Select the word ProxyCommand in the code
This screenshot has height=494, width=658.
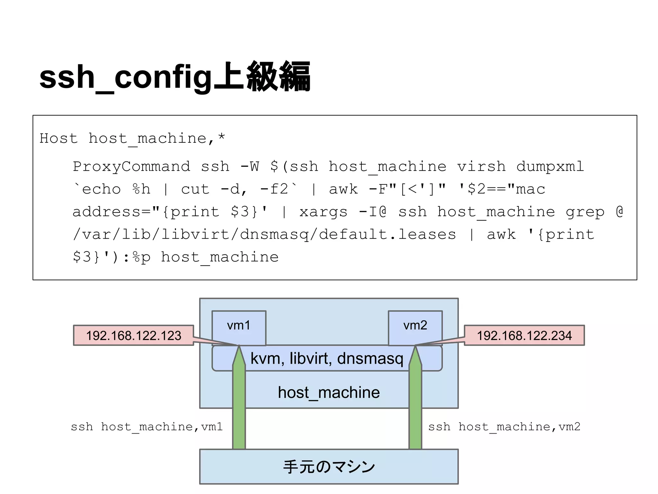(x=131, y=167)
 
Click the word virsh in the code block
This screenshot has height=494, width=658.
(x=481, y=167)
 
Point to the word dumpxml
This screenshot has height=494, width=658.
(x=550, y=167)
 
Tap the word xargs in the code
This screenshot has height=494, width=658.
(x=323, y=212)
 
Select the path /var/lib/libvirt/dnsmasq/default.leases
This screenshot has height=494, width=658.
(x=264, y=234)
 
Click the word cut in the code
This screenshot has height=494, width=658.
(x=195, y=189)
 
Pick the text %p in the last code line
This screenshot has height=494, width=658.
(x=141, y=257)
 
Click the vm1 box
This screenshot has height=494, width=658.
(x=239, y=325)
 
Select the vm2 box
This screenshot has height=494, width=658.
(x=415, y=325)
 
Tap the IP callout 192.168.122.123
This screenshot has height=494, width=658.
(x=134, y=335)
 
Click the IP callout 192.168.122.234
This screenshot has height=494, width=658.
(x=524, y=335)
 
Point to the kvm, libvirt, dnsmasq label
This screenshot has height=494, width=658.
(x=327, y=358)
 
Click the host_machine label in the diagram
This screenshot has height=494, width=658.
(x=329, y=393)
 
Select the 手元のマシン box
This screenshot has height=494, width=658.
(x=329, y=467)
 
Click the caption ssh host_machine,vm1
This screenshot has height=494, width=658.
(x=147, y=427)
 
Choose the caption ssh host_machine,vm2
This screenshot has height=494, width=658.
(x=504, y=427)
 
